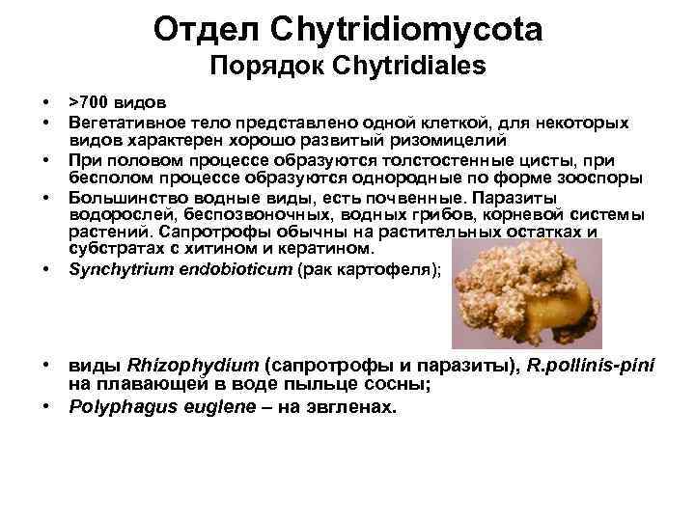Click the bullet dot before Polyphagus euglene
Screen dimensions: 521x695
pos(46,405)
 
